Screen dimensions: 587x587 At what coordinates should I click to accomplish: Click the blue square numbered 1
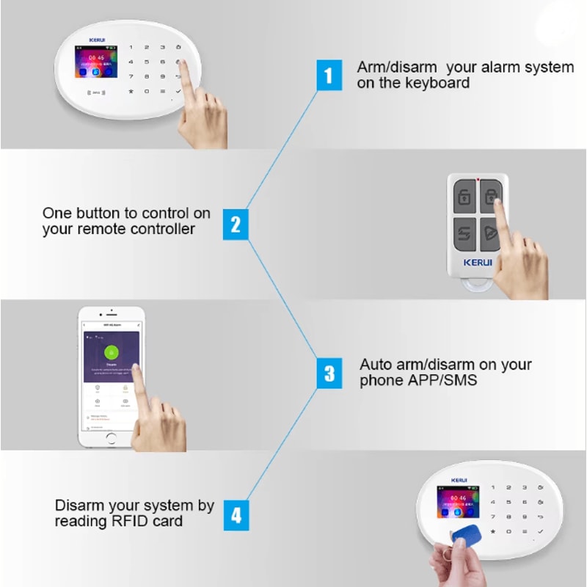click(329, 75)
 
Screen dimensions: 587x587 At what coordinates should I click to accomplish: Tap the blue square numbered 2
click(235, 223)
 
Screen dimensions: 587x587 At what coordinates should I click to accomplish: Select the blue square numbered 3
click(329, 373)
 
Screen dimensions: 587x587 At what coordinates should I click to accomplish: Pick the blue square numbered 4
click(235, 515)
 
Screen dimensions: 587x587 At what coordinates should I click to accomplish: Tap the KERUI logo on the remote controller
click(478, 261)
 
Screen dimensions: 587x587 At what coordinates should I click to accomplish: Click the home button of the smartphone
click(111, 437)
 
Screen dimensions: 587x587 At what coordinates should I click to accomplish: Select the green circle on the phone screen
click(111, 351)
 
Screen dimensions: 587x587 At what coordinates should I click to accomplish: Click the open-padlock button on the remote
click(464, 197)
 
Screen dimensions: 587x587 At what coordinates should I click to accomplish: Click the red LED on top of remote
click(478, 178)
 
